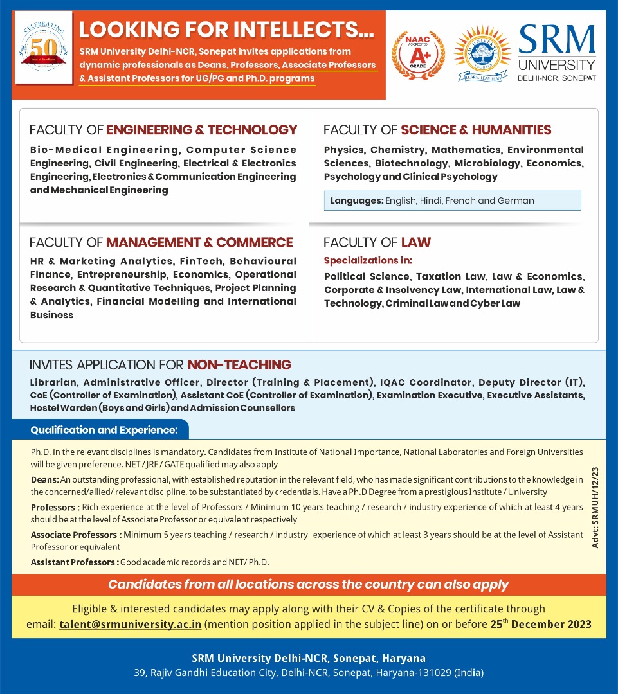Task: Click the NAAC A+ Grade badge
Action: coord(418,55)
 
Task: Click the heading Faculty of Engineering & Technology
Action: coord(163,130)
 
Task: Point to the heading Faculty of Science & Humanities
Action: coord(437,130)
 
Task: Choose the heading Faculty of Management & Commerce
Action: coord(161,242)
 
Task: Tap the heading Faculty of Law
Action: coord(377,242)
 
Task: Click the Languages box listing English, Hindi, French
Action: coord(452,200)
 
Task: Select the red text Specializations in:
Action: coord(368,260)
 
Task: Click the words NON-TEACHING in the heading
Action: coord(239,365)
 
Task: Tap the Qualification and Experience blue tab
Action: coord(104,429)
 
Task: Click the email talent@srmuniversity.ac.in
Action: coord(131,624)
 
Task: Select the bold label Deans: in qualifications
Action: coord(44,480)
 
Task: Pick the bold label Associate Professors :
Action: coord(76,535)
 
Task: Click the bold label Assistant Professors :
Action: coord(74,562)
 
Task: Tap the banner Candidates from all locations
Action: coord(308,585)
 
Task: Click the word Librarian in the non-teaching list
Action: coord(51,382)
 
